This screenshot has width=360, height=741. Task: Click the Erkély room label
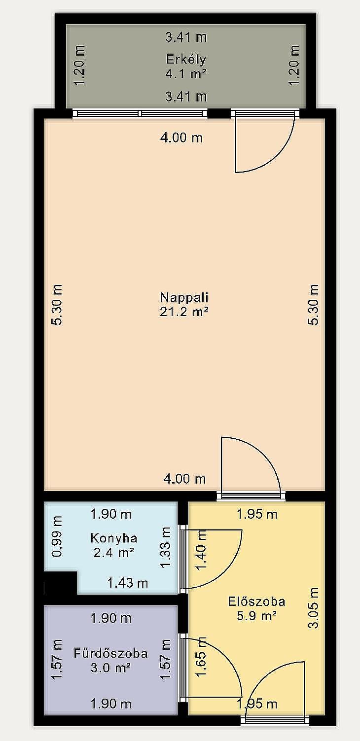[x=186, y=60]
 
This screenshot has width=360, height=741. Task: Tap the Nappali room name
[x=184, y=297]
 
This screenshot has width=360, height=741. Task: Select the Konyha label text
[x=114, y=538]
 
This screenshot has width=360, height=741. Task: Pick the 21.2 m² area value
[x=184, y=312]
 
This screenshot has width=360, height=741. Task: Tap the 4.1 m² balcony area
[x=186, y=73]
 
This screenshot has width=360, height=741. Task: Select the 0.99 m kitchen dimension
[x=57, y=536]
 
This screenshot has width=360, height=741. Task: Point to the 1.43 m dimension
[x=127, y=583]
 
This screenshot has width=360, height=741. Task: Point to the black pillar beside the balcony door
[x=219, y=113]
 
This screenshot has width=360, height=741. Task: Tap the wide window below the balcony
[x=140, y=113]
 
